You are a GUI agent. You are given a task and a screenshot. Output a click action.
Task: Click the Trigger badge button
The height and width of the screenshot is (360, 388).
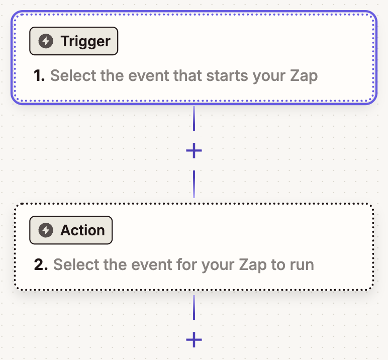(73, 41)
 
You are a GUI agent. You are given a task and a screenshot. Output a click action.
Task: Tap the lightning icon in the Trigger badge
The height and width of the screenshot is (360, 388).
(46, 41)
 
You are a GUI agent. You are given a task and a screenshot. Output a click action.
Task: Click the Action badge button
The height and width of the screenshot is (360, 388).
(71, 230)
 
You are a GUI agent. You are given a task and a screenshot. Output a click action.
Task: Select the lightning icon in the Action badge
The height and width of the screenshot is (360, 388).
(46, 230)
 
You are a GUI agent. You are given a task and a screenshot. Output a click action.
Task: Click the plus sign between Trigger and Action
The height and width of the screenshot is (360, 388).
(194, 150)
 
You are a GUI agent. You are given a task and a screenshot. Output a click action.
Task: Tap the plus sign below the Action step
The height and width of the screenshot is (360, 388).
(194, 340)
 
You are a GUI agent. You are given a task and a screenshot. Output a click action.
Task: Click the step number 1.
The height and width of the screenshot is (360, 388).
(39, 76)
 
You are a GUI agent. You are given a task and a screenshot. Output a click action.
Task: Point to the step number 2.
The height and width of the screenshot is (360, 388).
(41, 264)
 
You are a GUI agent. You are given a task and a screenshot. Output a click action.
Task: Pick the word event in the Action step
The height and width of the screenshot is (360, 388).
(150, 264)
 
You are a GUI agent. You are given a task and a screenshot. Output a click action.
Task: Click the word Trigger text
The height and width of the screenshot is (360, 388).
(85, 41)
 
